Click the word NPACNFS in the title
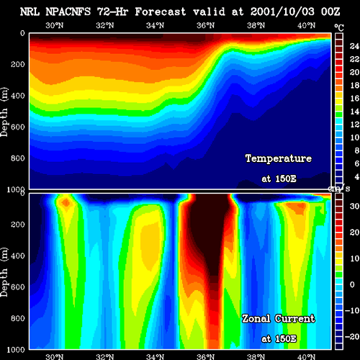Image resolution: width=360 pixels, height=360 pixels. (x=68, y=12)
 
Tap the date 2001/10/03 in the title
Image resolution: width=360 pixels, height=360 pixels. (x=282, y=12)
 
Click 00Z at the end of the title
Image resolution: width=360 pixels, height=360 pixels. (x=330, y=12)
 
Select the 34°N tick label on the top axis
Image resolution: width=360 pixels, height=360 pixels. (x=156, y=25)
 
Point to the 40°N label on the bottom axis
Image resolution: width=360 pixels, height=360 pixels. (x=306, y=356)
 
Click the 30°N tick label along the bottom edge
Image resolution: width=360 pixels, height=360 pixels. (x=55, y=356)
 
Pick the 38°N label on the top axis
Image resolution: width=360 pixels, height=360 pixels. (x=256, y=25)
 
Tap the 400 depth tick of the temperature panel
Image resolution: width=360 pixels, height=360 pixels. (x=18, y=96)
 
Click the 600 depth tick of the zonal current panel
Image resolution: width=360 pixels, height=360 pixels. (x=18, y=287)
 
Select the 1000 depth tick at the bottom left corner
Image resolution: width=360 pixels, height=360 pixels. (x=16, y=350)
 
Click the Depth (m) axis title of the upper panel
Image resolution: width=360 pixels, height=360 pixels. (x=4, y=112)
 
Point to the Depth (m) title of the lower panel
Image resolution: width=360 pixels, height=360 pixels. (x=4, y=272)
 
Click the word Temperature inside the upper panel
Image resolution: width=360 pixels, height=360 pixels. (x=279, y=158)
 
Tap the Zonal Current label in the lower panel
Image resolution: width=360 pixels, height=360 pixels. (x=279, y=319)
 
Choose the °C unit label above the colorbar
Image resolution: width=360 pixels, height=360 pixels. (x=339, y=28)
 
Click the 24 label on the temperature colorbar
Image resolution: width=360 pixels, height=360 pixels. (x=354, y=46)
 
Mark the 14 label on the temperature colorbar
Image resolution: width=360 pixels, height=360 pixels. (x=354, y=112)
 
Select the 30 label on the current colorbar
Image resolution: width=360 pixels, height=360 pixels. (x=354, y=206)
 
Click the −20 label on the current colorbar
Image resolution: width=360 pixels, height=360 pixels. (x=352, y=336)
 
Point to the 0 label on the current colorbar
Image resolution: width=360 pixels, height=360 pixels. (x=352, y=284)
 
